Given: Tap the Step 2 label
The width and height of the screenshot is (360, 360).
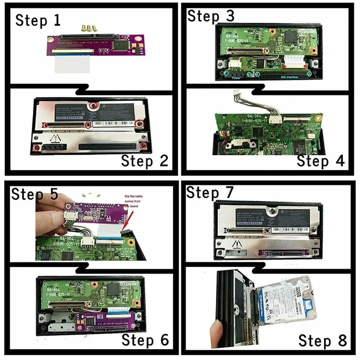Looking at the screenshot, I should [145, 161].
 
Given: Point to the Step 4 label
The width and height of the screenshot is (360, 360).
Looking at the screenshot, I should [320, 161].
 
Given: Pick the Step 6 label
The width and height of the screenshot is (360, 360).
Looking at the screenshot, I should [145, 339].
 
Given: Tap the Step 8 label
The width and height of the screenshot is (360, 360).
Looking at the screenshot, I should [322, 340].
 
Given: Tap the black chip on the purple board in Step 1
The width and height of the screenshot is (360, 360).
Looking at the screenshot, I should [121, 45].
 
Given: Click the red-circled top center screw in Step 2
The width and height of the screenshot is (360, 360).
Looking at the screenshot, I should [94, 105].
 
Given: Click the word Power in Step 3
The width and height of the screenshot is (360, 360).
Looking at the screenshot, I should [236, 77].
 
